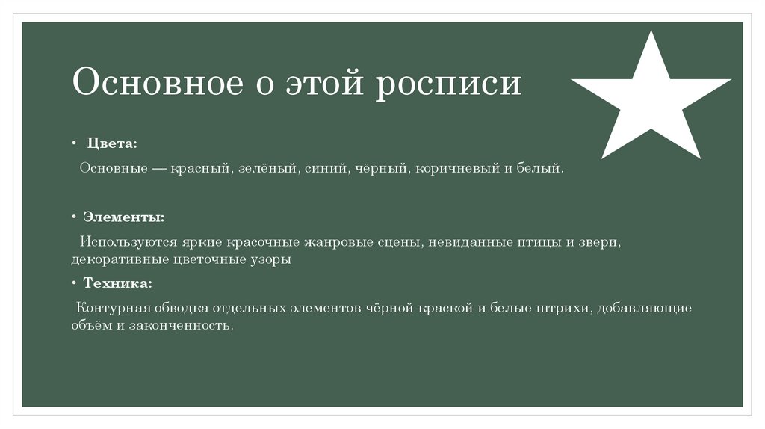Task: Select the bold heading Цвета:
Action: tap(112, 143)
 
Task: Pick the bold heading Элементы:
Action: tap(123, 217)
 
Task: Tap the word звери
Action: tap(598, 243)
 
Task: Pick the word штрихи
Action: tap(565, 309)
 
